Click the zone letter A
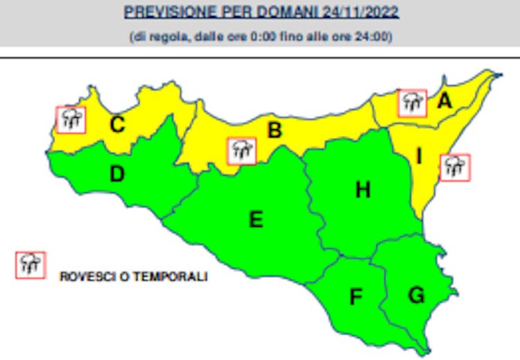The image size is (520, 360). (444, 101)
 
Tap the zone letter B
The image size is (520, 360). (275, 130)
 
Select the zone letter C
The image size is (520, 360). (118, 125)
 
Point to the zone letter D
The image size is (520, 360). (117, 175)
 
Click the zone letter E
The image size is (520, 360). (256, 220)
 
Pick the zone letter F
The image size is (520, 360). (356, 297)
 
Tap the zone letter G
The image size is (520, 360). (416, 295)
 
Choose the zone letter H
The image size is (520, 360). (363, 189)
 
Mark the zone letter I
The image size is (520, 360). (419, 157)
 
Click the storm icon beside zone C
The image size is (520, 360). (71, 119)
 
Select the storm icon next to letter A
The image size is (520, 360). (413, 103)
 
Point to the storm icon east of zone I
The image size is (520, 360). (454, 167)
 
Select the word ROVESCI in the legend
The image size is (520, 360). (80, 276)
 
